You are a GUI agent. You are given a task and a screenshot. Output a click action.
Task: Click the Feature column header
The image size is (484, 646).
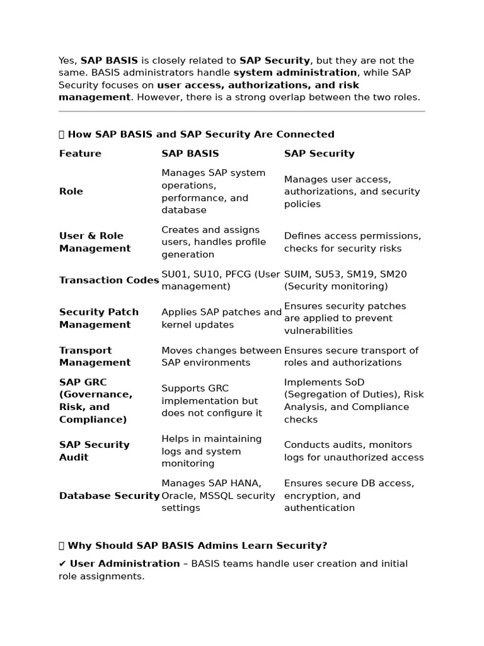(x=80, y=153)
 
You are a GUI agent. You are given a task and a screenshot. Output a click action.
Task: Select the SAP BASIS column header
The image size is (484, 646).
(x=190, y=153)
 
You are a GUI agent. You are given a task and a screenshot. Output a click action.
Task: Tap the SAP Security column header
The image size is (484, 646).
(x=319, y=153)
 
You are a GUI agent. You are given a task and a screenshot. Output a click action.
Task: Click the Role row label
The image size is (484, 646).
(x=71, y=191)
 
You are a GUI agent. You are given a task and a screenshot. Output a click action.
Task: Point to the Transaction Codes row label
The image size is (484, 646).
(x=109, y=280)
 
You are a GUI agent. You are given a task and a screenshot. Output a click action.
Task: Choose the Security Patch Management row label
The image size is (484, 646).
(x=99, y=318)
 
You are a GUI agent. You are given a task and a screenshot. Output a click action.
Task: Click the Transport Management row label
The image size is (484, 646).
(x=95, y=356)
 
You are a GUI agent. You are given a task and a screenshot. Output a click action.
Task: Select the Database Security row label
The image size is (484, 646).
(x=109, y=496)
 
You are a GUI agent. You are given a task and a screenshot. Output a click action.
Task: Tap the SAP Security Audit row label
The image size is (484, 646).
(x=94, y=451)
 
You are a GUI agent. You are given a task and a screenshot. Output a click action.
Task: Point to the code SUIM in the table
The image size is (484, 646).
(x=296, y=274)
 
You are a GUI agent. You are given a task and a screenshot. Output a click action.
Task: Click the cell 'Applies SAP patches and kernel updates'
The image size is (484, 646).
(x=221, y=318)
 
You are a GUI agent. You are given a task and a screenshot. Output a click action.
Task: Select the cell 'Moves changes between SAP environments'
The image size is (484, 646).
(x=221, y=356)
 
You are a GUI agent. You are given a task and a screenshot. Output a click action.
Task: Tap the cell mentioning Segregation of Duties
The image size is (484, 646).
(x=354, y=401)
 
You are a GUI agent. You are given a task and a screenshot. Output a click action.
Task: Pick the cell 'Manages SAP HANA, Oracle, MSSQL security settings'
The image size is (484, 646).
(x=218, y=496)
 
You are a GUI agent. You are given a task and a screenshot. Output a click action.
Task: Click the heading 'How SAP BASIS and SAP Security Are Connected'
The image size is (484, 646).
(x=200, y=134)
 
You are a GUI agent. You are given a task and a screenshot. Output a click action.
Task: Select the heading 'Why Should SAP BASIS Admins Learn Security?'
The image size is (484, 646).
(x=197, y=546)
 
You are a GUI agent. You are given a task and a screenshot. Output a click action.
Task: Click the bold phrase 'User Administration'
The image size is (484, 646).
(x=124, y=563)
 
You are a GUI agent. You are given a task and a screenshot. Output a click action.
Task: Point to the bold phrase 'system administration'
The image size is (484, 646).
(x=295, y=73)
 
